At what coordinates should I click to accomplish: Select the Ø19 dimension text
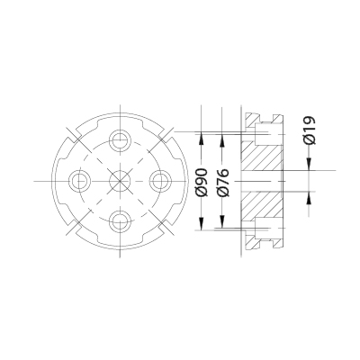[308, 131]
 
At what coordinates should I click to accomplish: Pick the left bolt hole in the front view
[80, 180]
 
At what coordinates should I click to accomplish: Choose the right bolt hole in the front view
[160, 180]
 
